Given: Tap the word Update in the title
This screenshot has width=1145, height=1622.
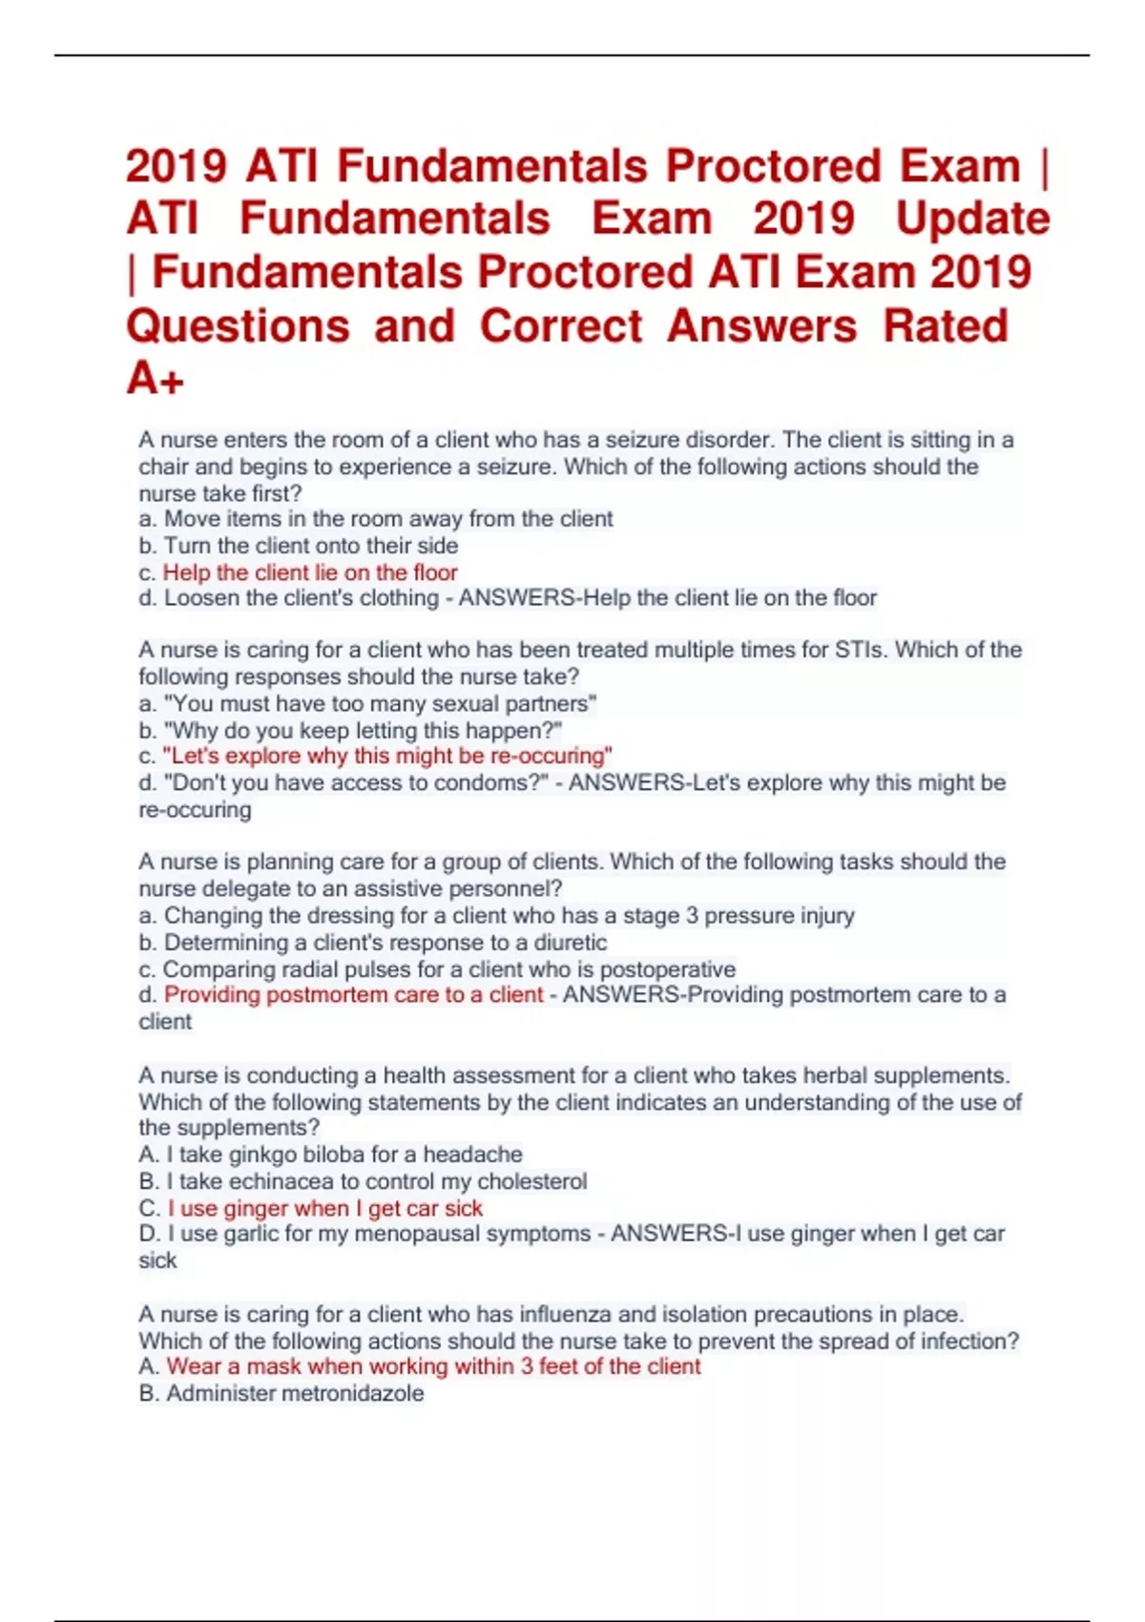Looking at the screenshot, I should (x=972, y=218).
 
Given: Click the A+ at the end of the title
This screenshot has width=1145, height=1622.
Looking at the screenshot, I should (x=155, y=379).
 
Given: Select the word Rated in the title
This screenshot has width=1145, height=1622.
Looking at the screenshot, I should (x=945, y=325).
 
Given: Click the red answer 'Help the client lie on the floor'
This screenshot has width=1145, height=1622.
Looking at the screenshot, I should (x=310, y=572).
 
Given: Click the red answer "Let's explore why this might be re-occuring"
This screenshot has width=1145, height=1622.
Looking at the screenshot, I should (x=386, y=756).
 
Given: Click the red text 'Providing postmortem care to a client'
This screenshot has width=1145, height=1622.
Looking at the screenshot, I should (x=353, y=995).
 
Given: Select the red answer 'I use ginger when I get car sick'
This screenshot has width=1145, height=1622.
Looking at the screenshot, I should (x=324, y=1208).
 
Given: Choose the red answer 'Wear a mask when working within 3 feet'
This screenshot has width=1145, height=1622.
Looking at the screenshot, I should (x=433, y=1366).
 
